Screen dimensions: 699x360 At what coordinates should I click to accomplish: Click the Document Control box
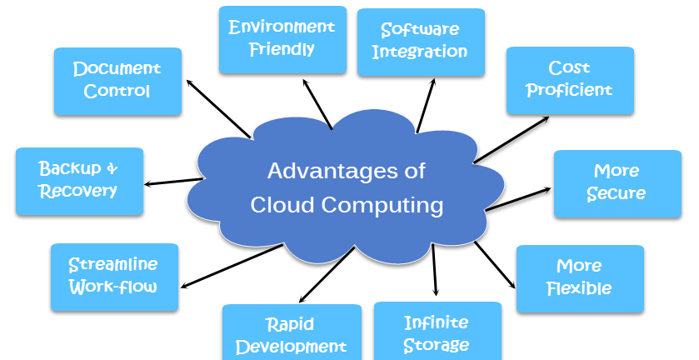(x=117, y=82)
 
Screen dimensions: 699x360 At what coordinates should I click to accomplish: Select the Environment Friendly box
(x=282, y=40)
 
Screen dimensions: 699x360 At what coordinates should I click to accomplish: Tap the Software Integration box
(x=421, y=42)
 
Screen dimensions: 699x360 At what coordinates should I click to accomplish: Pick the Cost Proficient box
(x=570, y=81)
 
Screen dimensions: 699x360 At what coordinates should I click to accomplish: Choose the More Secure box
(x=617, y=184)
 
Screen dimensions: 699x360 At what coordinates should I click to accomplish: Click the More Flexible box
(x=580, y=279)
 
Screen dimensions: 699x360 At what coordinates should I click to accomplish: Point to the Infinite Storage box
(x=437, y=331)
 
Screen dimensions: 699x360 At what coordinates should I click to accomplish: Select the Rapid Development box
(x=292, y=332)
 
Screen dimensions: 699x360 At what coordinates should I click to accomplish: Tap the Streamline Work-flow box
(x=115, y=277)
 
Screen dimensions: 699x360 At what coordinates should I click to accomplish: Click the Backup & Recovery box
(x=79, y=182)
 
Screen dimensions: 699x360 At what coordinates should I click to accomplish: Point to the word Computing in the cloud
(x=382, y=206)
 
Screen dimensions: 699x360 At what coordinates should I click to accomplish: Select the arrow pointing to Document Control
(x=218, y=109)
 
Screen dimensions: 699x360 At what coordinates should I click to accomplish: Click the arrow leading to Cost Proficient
(x=512, y=140)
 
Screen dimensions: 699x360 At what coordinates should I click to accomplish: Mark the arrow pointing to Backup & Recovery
(x=174, y=182)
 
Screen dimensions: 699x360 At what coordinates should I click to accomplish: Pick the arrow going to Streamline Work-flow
(x=232, y=266)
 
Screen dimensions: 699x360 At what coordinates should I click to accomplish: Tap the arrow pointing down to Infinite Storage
(x=434, y=269)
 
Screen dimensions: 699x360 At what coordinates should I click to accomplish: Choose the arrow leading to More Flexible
(x=495, y=264)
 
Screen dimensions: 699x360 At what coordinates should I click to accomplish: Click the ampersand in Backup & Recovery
(x=112, y=168)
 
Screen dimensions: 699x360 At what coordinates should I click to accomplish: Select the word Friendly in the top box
(x=282, y=49)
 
